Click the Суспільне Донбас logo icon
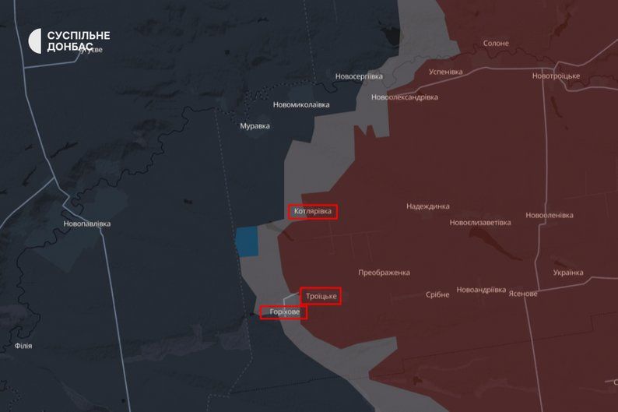pyautogui.click(x=35, y=40)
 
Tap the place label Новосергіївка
pyautogui.click(x=359, y=76)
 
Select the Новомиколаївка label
pyautogui.click(x=301, y=104)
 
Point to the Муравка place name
pyautogui.click(x=255, y=125)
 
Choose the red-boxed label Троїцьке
pyautogui.click(x=321, y=296)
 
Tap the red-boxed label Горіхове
pyautogui.click(x=284, y=312)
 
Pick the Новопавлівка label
pyautogui.click(x=87, y=224)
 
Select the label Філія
pyautogui.click(x=23, y=345)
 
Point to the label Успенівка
pyautogui.click(x=446, y=72)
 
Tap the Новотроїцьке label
pyautogui.click(x=557, y=76)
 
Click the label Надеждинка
pyautogui.click(x=428, y=206)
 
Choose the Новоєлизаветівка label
pyautogui.click(x=480, y=223)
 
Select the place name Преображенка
pyautogui.click(x=384, y=273)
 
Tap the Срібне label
pyautogui.click(x=437, y=294)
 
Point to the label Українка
pyautogui.click(x=568, y=273)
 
